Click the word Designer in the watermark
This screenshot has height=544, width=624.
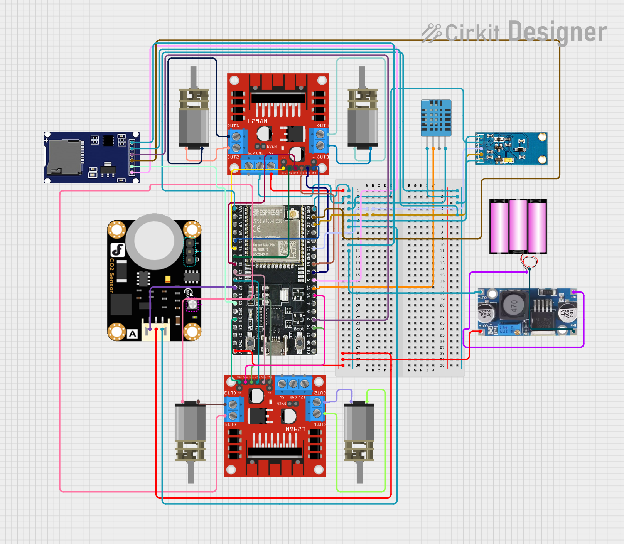click(557, 32)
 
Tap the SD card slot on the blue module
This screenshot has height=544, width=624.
click(64, 157)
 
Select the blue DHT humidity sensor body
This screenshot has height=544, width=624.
click(436, 118)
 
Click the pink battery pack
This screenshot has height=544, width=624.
click(518, 226)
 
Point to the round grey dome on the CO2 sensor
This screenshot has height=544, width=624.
click(154, 241)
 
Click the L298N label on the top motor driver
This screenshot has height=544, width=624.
click(257, 121)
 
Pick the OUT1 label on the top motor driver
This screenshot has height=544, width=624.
click(233, 126)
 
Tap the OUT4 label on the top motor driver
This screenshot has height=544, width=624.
click(323, 126)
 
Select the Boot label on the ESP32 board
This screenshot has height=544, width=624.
click(299, 329)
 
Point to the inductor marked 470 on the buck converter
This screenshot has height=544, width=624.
click(514, 306)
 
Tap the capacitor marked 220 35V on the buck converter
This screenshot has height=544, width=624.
click(486, 313)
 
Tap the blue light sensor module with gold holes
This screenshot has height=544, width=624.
click(511, 149)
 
